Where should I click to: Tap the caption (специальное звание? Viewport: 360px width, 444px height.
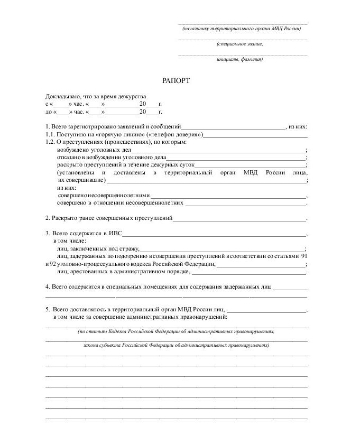239,44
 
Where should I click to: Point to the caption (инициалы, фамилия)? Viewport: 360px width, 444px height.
239,59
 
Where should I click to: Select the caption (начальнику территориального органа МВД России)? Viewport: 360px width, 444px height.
242,29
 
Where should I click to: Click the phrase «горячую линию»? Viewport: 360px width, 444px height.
112,135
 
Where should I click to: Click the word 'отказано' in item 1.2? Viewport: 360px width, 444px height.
69,158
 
